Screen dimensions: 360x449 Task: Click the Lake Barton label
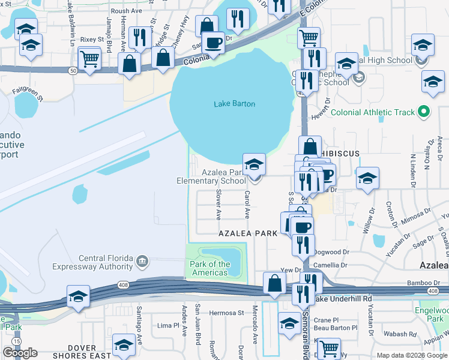[x=234, y=104]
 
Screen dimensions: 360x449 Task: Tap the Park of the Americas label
[x=209, y=268]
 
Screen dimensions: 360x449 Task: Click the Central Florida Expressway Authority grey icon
[x=142, y=260]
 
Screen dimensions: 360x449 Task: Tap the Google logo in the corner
[x=20, y=353]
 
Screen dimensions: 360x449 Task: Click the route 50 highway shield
[x=72, y=71]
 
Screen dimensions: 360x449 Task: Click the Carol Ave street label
[x=247, y=205]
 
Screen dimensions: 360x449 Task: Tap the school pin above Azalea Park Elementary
[x=254, y=164]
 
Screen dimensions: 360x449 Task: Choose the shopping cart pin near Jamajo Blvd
[x=89, y=59]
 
